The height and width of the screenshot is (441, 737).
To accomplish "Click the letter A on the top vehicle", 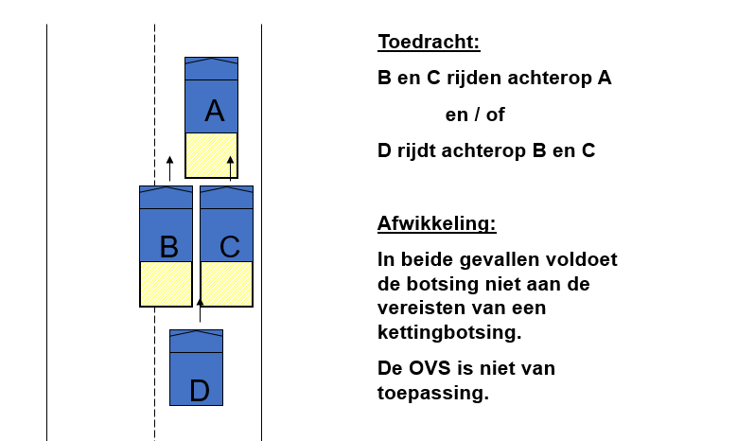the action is [215, 112].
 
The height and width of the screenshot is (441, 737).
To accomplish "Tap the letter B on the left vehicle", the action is [169, 246].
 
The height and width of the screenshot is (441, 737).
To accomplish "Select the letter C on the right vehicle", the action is [229, 246].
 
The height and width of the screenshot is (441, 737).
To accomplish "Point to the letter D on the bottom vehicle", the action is [200, 391].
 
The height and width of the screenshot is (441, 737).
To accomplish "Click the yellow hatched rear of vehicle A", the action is [212, 155].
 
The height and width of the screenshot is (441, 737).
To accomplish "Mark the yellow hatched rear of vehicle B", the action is [166, 284].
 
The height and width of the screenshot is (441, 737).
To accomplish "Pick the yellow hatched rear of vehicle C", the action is [226, 284].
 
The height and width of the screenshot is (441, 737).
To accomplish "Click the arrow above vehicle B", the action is [169, 168].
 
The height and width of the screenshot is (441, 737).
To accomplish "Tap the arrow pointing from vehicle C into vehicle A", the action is [230, 168].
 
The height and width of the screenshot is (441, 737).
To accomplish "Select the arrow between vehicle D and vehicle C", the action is [200, 309].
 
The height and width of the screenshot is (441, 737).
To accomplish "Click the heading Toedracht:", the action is [429, 42].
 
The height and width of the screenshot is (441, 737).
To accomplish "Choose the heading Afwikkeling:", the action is [437, 223].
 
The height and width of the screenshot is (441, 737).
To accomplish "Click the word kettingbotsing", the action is [449, 332].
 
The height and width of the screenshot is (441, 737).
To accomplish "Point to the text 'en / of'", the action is [475, 115].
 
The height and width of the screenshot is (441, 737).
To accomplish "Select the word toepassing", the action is [433, 393].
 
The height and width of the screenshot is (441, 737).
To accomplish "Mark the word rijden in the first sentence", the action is [474, 78].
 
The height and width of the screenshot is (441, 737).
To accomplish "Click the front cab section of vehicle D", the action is [197, 341].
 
